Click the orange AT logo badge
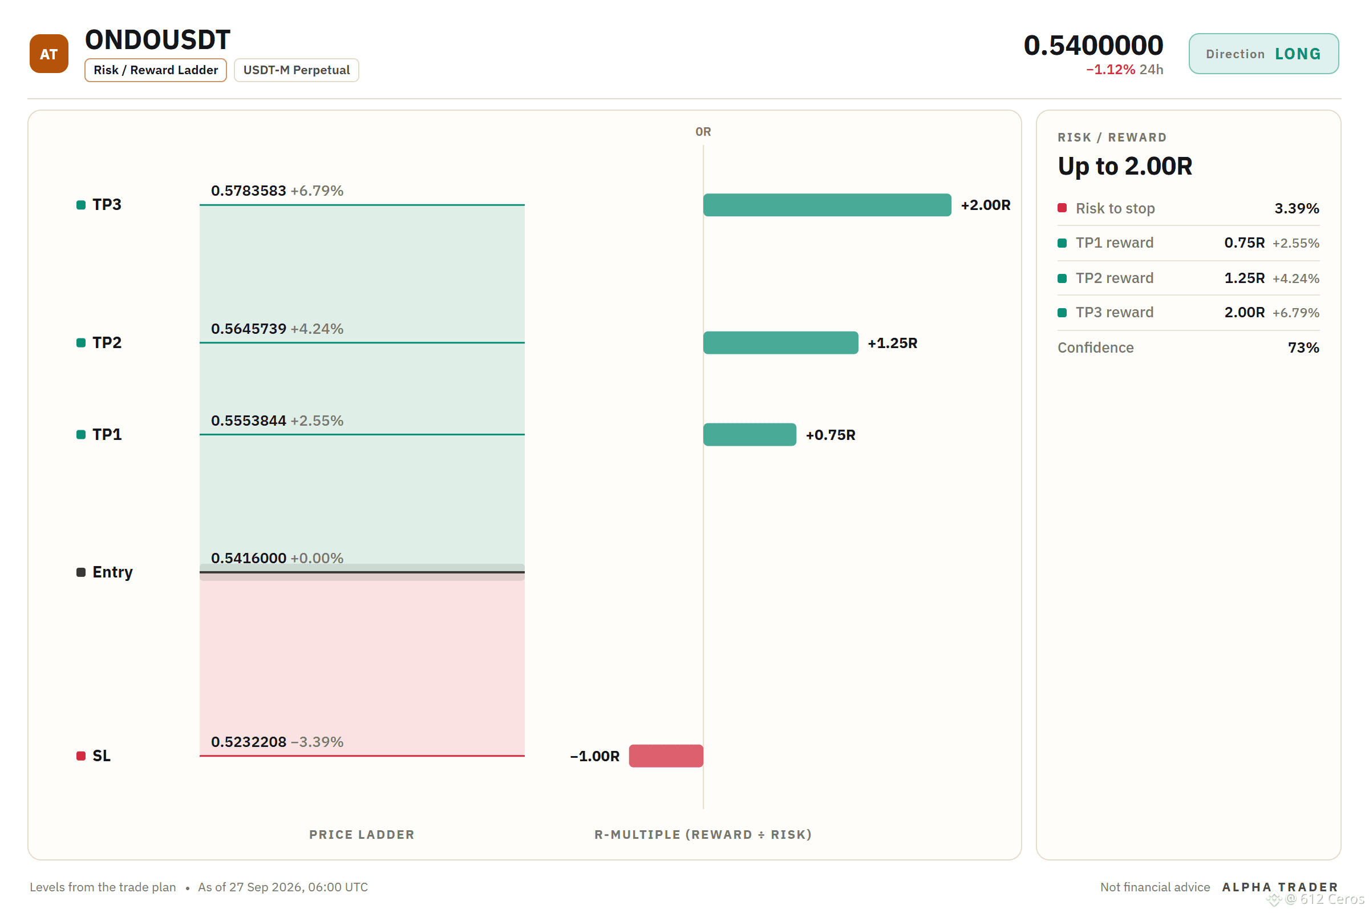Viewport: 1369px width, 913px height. tap(49, 54)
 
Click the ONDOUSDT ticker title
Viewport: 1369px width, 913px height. tap(158, 39)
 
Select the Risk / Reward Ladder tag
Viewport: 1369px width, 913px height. tap(155, 70)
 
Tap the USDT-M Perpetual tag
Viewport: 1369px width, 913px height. tap(296, 70)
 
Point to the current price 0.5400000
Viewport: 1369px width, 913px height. tap(1093, 45)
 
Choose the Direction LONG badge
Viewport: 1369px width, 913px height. tap(1263, 54)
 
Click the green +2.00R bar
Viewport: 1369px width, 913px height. tap(827, 205)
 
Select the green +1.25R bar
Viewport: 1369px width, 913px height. tap(780, 343)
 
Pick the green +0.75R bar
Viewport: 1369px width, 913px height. tap(750, 434)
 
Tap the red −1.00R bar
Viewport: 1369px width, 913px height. tap(666, 756)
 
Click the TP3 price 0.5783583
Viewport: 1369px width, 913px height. tap(249, 191)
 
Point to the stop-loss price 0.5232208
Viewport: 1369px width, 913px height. tap(249, 742)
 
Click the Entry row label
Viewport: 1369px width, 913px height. tap(112, 572)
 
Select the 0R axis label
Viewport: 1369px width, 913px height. tap(703, 132)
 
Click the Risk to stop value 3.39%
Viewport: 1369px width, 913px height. tap(1297, 208)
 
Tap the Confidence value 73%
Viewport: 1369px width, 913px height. tap(1304, 348)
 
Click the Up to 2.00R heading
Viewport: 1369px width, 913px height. tap(1125, 166)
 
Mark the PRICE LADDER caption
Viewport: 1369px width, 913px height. tap(362, 834)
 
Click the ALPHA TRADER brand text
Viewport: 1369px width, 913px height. tap(1280, 887)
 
